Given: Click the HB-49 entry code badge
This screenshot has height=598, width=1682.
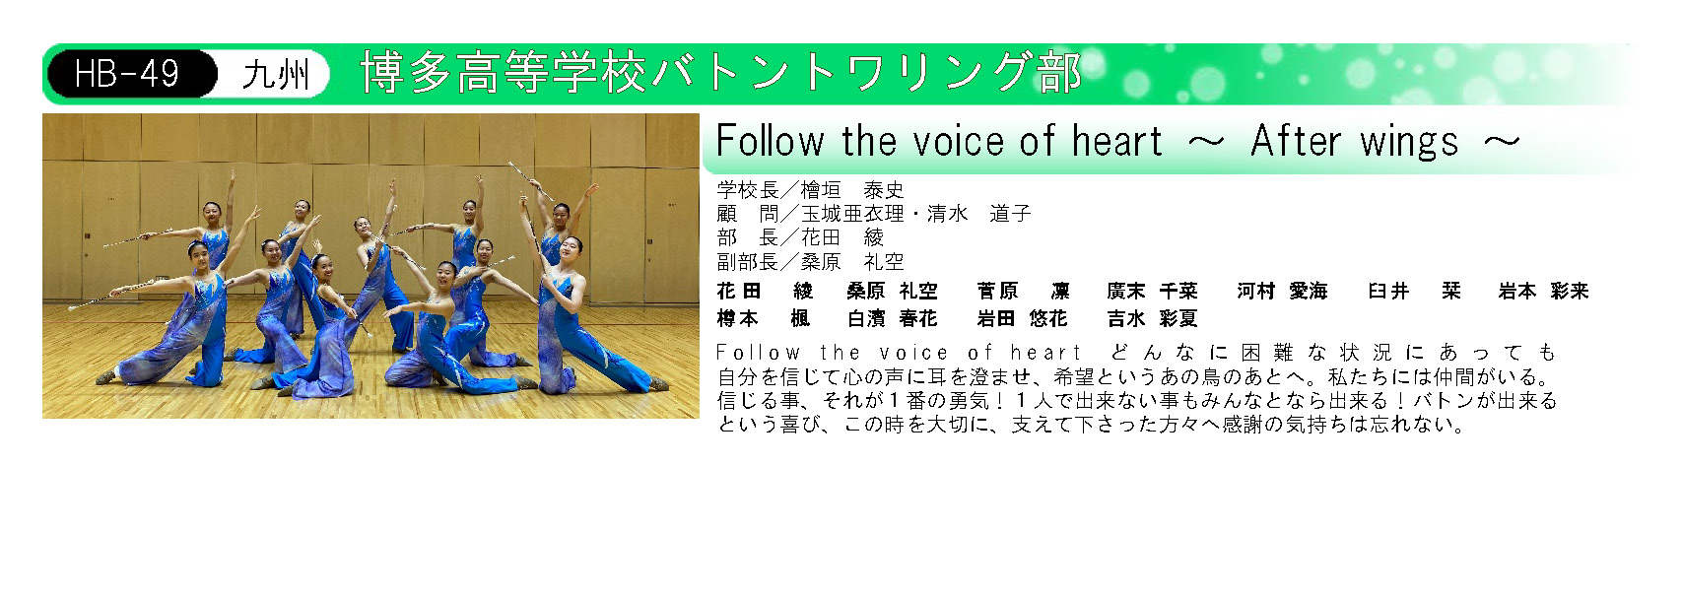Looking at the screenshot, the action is pos(132,74).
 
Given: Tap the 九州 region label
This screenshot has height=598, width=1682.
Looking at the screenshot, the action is pos(276,74).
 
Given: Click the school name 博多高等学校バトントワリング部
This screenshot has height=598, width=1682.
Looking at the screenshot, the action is pos(720,73).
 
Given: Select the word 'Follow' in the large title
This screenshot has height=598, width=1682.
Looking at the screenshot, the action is pos(770,141).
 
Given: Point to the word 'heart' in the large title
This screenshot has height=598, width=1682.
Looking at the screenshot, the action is pos(1116,141).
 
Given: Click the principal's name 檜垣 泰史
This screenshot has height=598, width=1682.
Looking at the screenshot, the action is pos(852,190).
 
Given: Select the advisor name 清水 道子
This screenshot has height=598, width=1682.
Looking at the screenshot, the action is pos(978,214).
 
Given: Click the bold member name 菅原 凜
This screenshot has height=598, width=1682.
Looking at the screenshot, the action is pos(1023,292).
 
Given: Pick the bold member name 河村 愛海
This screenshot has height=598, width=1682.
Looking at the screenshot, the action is pos(1282,292).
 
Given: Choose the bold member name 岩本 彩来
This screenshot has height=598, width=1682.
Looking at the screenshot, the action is pos(1543,292).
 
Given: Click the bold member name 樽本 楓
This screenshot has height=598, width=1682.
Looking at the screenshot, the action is pos(763,319).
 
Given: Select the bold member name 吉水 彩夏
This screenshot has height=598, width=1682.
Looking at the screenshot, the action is pos(1152,319).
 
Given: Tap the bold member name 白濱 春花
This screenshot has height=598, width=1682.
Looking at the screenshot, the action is pos(892,319).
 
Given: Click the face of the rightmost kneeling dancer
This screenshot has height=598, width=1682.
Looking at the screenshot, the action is pos(572,246).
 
